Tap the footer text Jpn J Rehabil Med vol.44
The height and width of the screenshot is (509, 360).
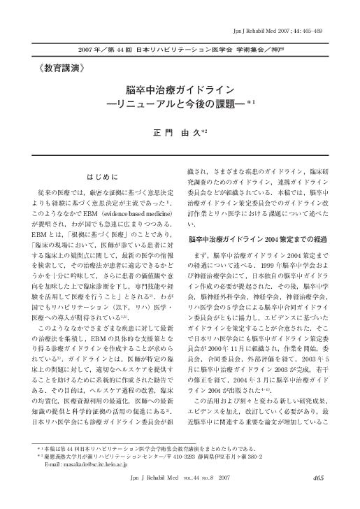[x=180, y=498]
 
